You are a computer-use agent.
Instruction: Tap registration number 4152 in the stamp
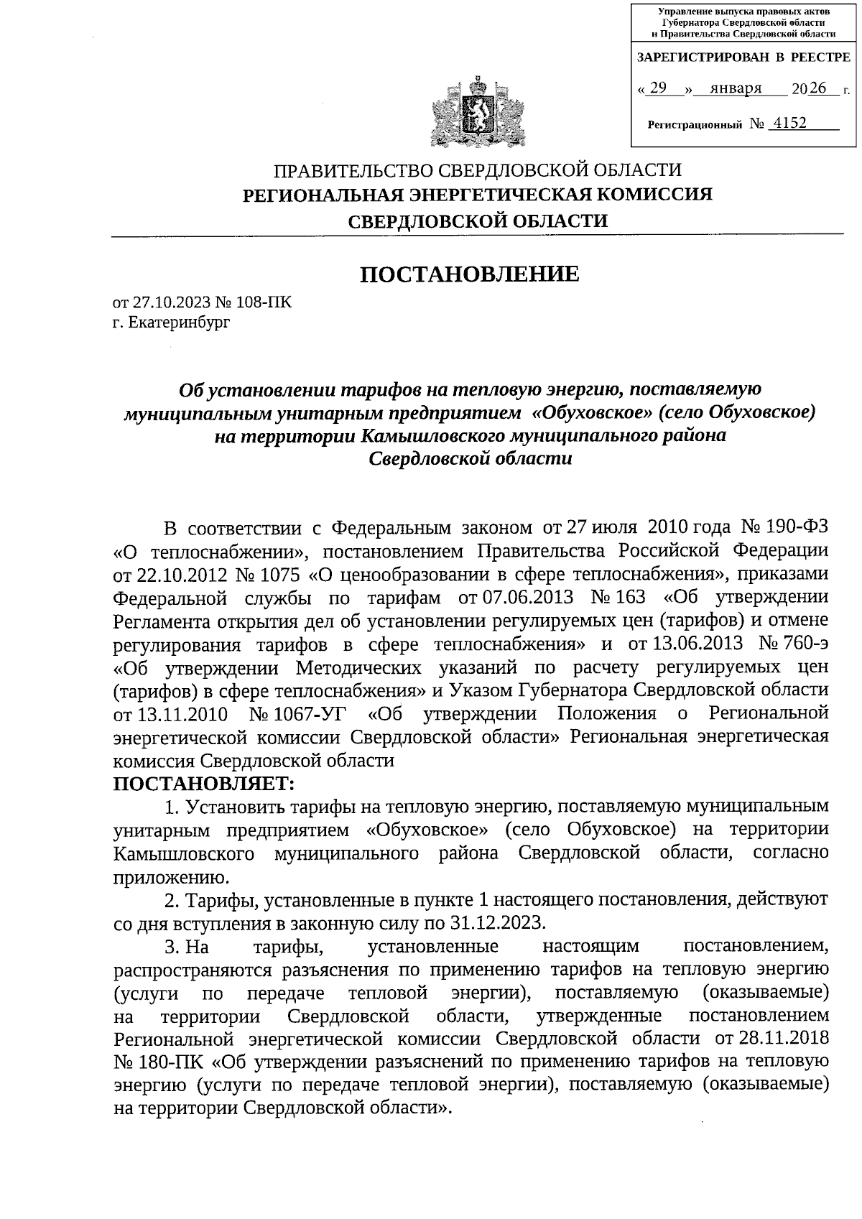coord(787,123)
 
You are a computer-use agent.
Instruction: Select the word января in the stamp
coord(735,89)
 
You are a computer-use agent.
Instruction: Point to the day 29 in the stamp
coord(658,88)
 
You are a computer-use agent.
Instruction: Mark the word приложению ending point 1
coord(170,877)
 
